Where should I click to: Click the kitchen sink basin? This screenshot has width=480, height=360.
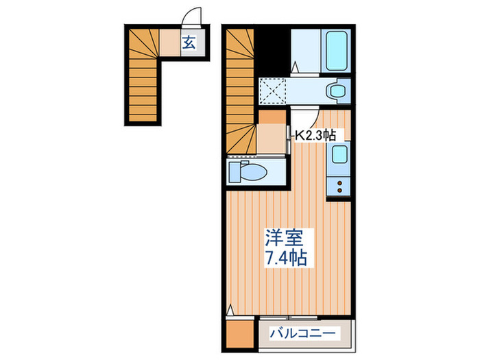coord(338,156)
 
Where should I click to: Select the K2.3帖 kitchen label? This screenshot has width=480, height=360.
coord(315,135)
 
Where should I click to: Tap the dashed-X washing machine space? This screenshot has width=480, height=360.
coord(273,90)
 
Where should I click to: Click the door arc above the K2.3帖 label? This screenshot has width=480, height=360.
coord(302,117)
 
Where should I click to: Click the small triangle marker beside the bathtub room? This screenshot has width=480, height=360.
coord(295,68)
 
